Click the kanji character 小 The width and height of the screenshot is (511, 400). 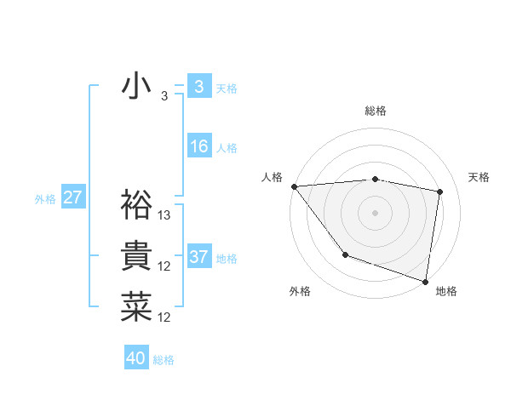click(x=136, y=87)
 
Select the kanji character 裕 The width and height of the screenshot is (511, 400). click(x=136, y=204)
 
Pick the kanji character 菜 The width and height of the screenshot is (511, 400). click(x=136, y=306)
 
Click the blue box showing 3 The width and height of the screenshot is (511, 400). click(x=198, y=87)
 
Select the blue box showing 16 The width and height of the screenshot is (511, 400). click(x=198, y=146)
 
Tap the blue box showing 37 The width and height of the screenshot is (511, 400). click(x=198, y=256)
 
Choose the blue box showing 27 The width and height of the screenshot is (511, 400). click(x=72, y=198)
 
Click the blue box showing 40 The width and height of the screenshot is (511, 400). click(x=136, y=358)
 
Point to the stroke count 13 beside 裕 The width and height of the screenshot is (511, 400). click(x=165, y=215)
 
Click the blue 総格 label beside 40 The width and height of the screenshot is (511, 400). click(x=164, y=360)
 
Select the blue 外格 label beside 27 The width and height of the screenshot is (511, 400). click(x=45, y=199)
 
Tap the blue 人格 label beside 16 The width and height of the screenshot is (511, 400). click(x=227, y=148)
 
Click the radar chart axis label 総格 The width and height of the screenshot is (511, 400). click(x=376, y=111)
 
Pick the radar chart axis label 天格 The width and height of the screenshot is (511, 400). click(x=479, y=177)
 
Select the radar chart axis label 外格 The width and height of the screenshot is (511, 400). click(x=300, y=291)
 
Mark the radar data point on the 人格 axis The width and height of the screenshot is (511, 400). click(x=294, y=186)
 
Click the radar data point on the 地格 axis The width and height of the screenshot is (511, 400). click(x=425, y=280)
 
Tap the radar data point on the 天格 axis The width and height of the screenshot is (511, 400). click(x=440, y=191)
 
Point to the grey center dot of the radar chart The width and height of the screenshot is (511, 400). click(x=375, y=212)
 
